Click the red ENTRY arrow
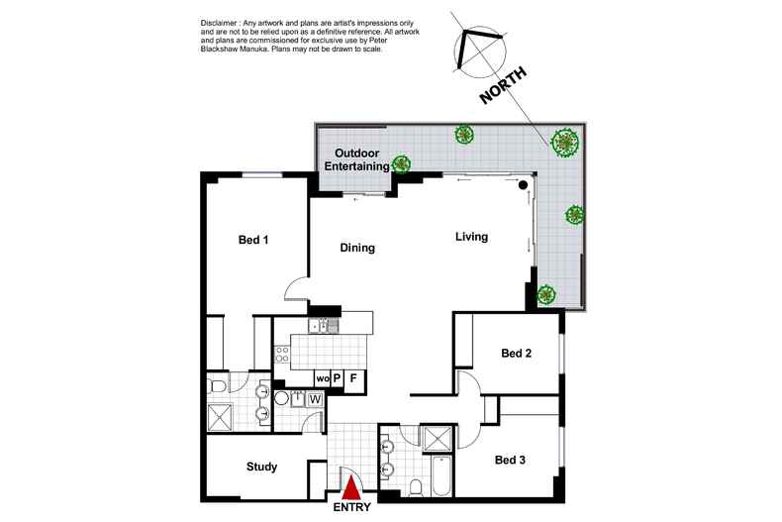[x=351, y=487]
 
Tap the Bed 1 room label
[x=253, y=240]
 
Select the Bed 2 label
[x=516, y=354]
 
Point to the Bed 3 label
[x=510, y=460]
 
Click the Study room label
[x=262, y=467]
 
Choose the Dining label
[x=357, y=248]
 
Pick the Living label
[x=471, y=237]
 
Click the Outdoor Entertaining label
[x=357, y=159]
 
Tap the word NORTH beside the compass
[x=503, y=85]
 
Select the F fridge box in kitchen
[x=353, y=378]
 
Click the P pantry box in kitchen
[x=338, y=378]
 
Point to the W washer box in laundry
[x=315, y=400]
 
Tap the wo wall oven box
[x=322, y=378]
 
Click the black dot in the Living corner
[x=523, y=185]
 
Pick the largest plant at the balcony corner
[x=565, y=143]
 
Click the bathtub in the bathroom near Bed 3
[x=441, y=474]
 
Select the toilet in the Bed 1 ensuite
[x=218, y=385]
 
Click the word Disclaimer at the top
[x=220, y=23]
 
